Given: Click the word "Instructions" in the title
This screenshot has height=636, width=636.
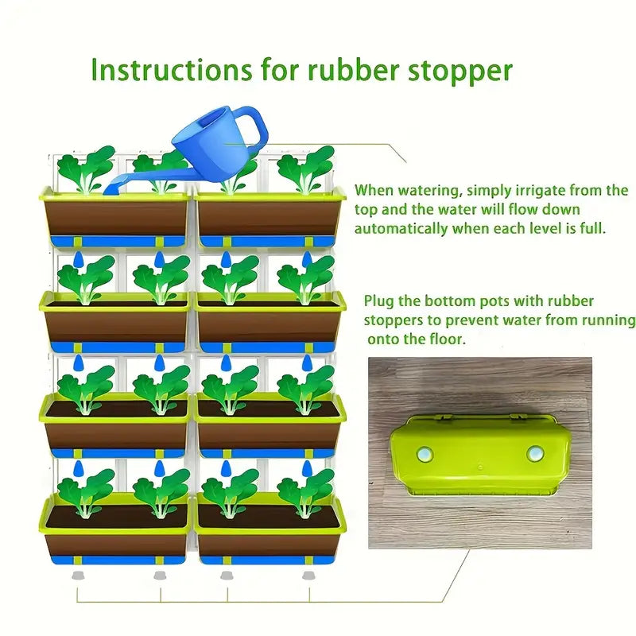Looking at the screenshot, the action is tap(171, 69).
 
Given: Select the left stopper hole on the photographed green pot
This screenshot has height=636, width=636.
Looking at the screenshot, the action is tap(425, 454).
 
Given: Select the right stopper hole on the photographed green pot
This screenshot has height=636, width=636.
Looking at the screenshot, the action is tap(535, 453).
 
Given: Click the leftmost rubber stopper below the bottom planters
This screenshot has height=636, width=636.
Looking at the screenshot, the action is tap(78, 575).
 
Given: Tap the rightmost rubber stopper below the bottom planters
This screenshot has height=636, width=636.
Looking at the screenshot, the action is tap(309, 575).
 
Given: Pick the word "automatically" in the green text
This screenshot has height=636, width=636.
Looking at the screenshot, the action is tap(401, 229).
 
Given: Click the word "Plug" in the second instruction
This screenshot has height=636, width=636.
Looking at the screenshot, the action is tap(379, 302).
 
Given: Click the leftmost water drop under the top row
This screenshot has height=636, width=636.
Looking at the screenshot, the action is tap(78, 259).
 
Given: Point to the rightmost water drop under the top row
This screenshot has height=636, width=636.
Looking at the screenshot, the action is tap(308, 259).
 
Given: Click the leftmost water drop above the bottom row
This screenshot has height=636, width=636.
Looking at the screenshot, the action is tap(78, 468).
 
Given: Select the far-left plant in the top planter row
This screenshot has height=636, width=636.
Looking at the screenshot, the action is tap(86, 169).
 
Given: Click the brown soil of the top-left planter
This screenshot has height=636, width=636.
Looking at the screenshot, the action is tap(116, 218).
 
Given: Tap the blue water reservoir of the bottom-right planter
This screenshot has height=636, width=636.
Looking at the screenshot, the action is tap(268, 560).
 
